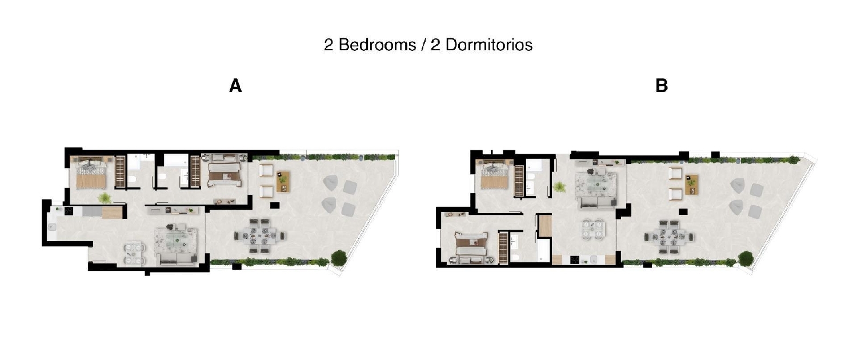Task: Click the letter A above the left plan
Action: [x=235, y=86]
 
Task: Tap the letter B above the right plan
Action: [x=662, y=86]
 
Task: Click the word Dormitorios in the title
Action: [x=488, y=45]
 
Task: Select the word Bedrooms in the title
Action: [x=377, y=45]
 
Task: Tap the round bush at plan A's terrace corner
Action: [x=339, y=258]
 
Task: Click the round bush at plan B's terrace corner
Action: [x=746, y=259]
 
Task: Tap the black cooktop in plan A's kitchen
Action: [x=68, y=210]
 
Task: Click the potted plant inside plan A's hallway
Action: [x=105, y=198]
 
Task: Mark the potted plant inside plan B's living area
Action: [x=560, y=186]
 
